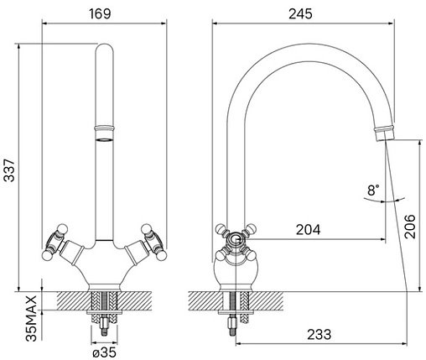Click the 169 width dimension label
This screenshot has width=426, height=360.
coord(100,13)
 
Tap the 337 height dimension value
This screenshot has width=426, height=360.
coord(9,170)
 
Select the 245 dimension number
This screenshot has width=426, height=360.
coord(300,13)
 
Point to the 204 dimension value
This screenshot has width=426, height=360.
coord(308,230)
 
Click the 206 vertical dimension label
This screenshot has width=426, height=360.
coord(410,227)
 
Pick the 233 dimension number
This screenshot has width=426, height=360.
coord(319,335)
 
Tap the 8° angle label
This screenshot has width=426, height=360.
coord(373,190)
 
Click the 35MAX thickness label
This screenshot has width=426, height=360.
coord(31,318)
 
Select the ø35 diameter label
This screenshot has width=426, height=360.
coord(104,352)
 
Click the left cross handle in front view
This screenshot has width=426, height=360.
coord(55,242)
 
